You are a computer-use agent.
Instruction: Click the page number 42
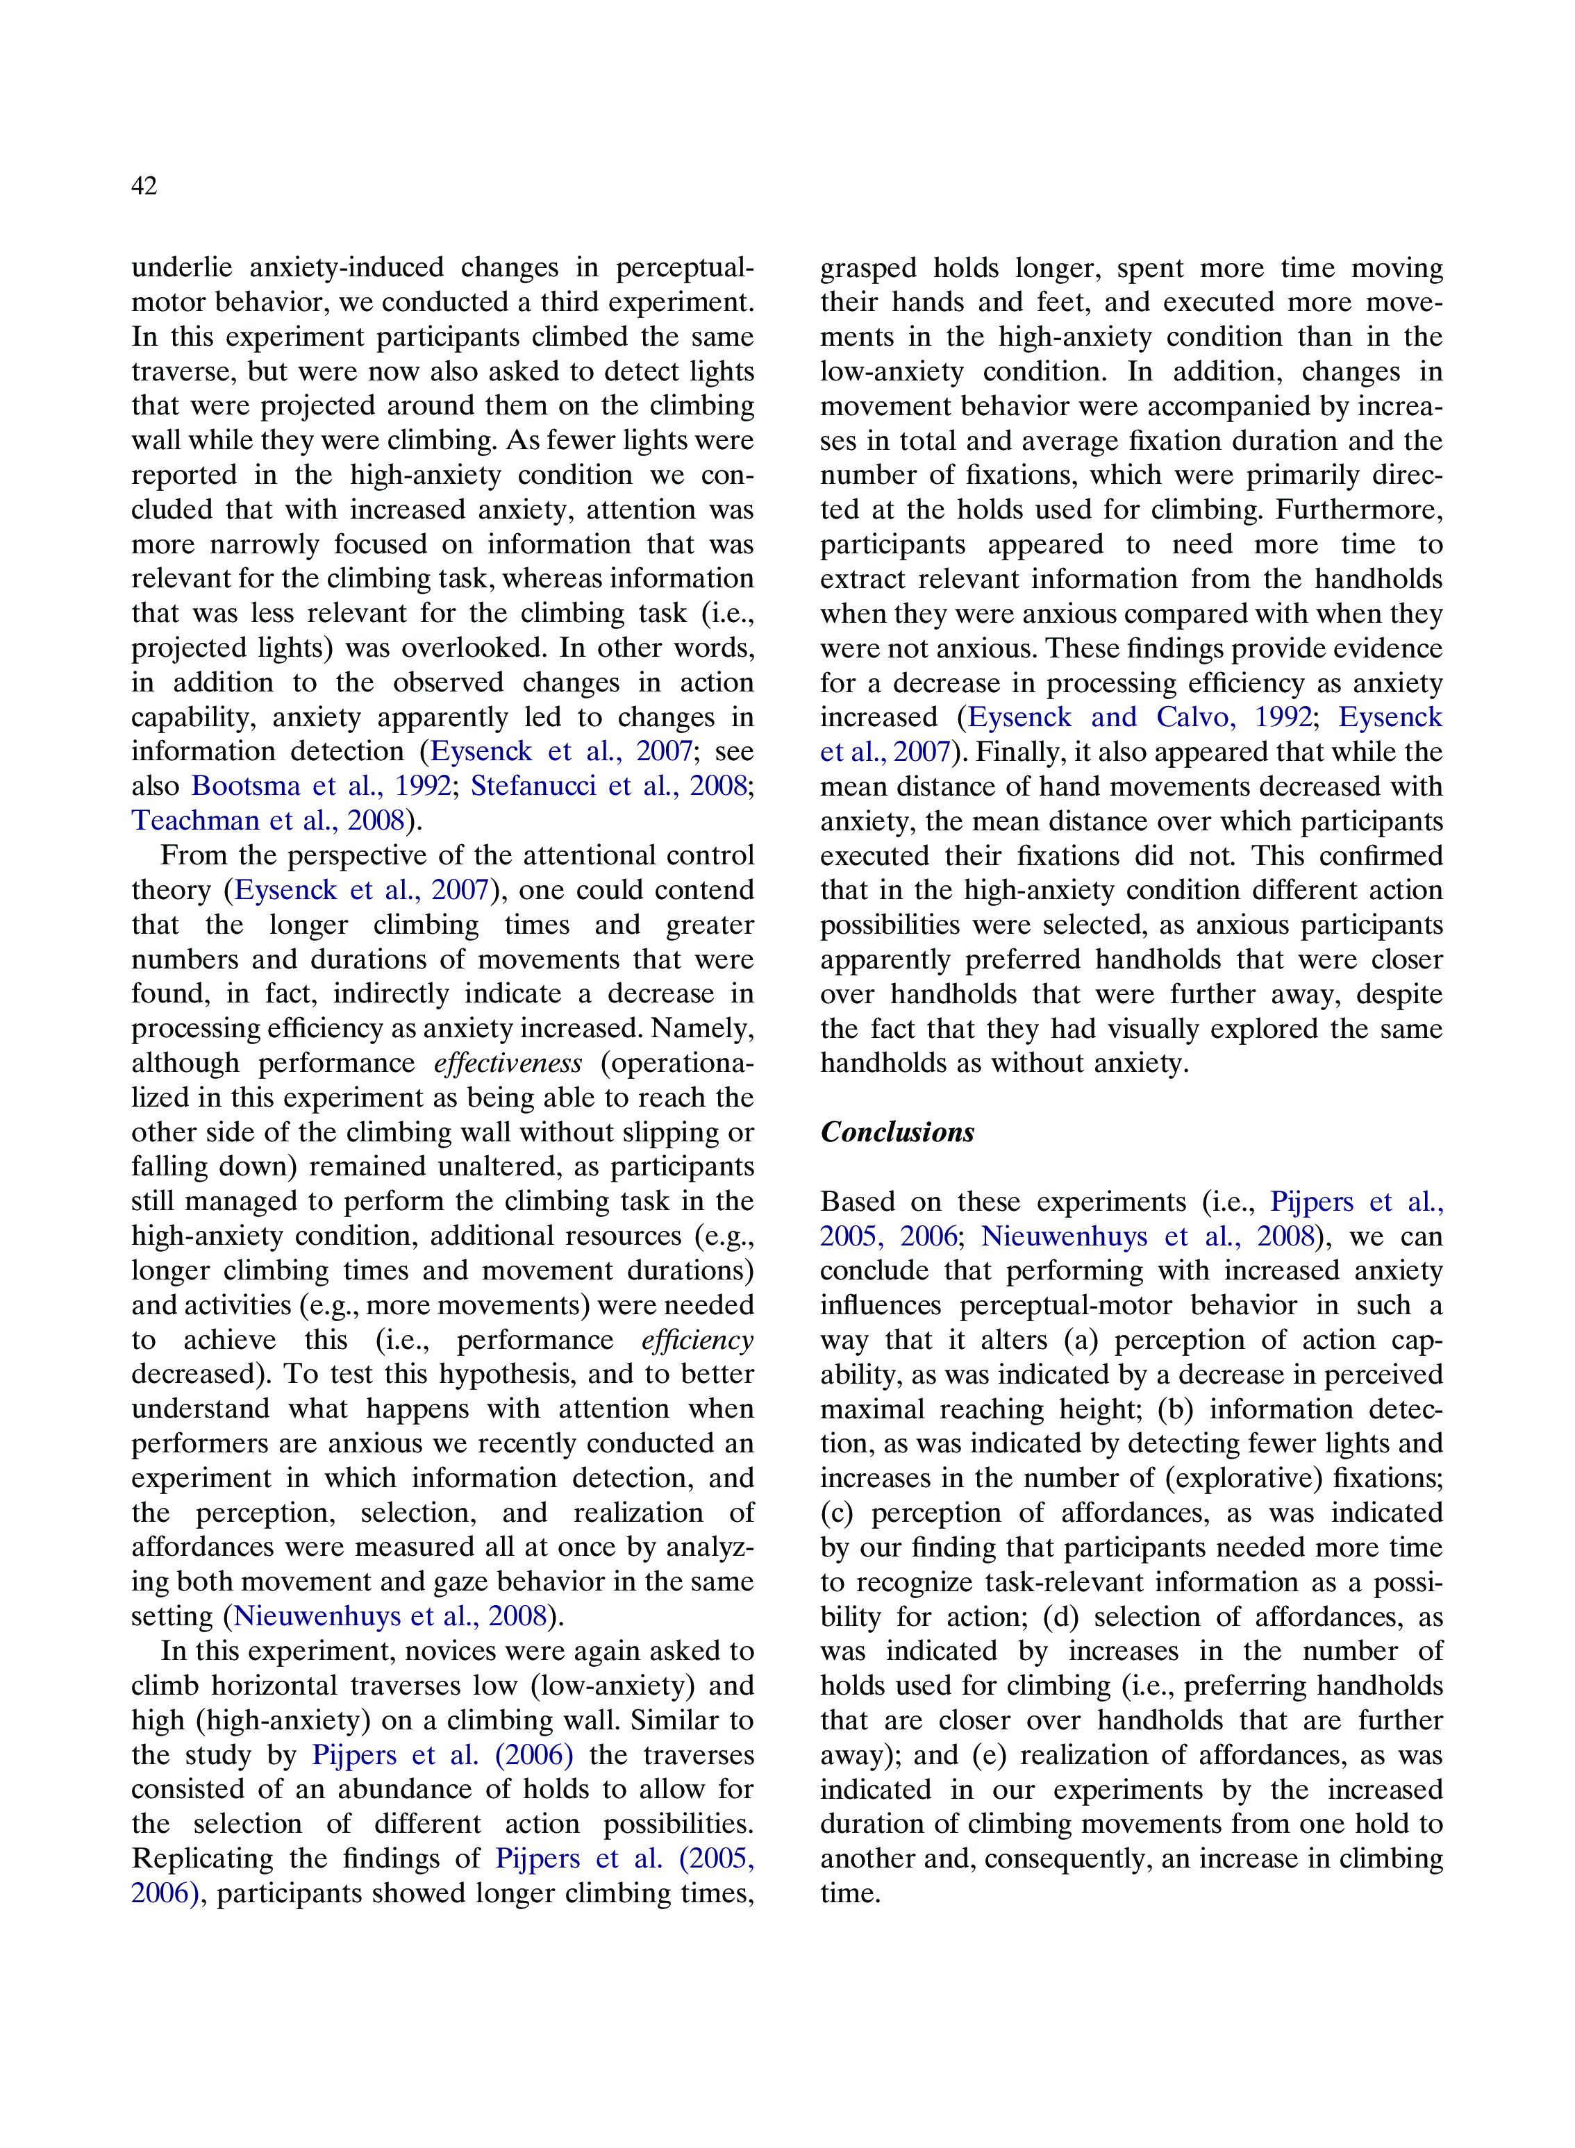pos(144,186)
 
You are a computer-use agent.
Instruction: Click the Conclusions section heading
pos(897,1132)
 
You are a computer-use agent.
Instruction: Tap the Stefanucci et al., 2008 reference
pos(608,786)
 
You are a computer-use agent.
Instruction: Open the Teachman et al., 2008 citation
pos(268,821)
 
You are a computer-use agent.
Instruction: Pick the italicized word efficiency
pos(697,1340)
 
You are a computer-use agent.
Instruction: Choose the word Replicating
pos(202,1858)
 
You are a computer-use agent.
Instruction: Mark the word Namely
pos(703,1028)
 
